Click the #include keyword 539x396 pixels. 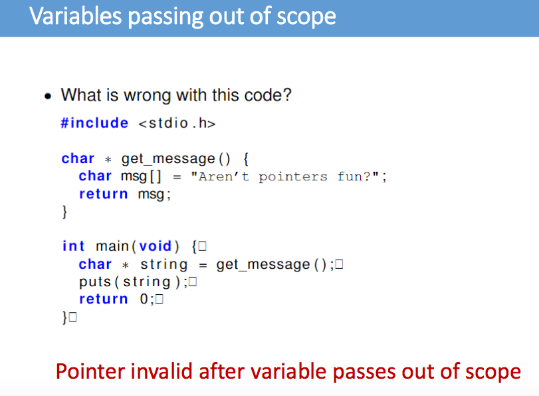[x=94, y=123]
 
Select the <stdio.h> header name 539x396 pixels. [x=177, y=123]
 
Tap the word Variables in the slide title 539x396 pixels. [x=73, y=17]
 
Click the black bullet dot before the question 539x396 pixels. [x=47, y=96]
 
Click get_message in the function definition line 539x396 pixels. [x=168, y=158]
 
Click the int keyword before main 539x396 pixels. [x=73, y=246]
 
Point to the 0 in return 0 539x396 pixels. [x=144, y=299]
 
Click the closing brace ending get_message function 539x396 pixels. [x=64, y=212]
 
